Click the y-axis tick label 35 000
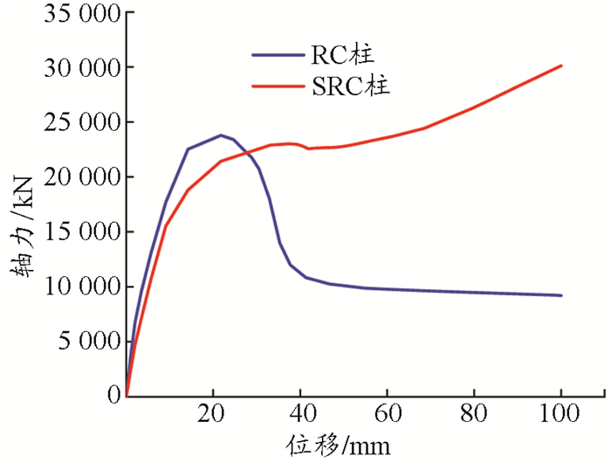(78, 13)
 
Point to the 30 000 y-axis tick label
(78, 68)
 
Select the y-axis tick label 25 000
(78, 122)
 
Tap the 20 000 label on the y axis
(78, 177)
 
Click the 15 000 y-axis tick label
(78, 231)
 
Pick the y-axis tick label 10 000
(78, 287)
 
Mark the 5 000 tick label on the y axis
(86, 341)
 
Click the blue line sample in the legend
(275, 55)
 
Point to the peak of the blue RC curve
(221, 135)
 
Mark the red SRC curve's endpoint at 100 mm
(561, 66)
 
